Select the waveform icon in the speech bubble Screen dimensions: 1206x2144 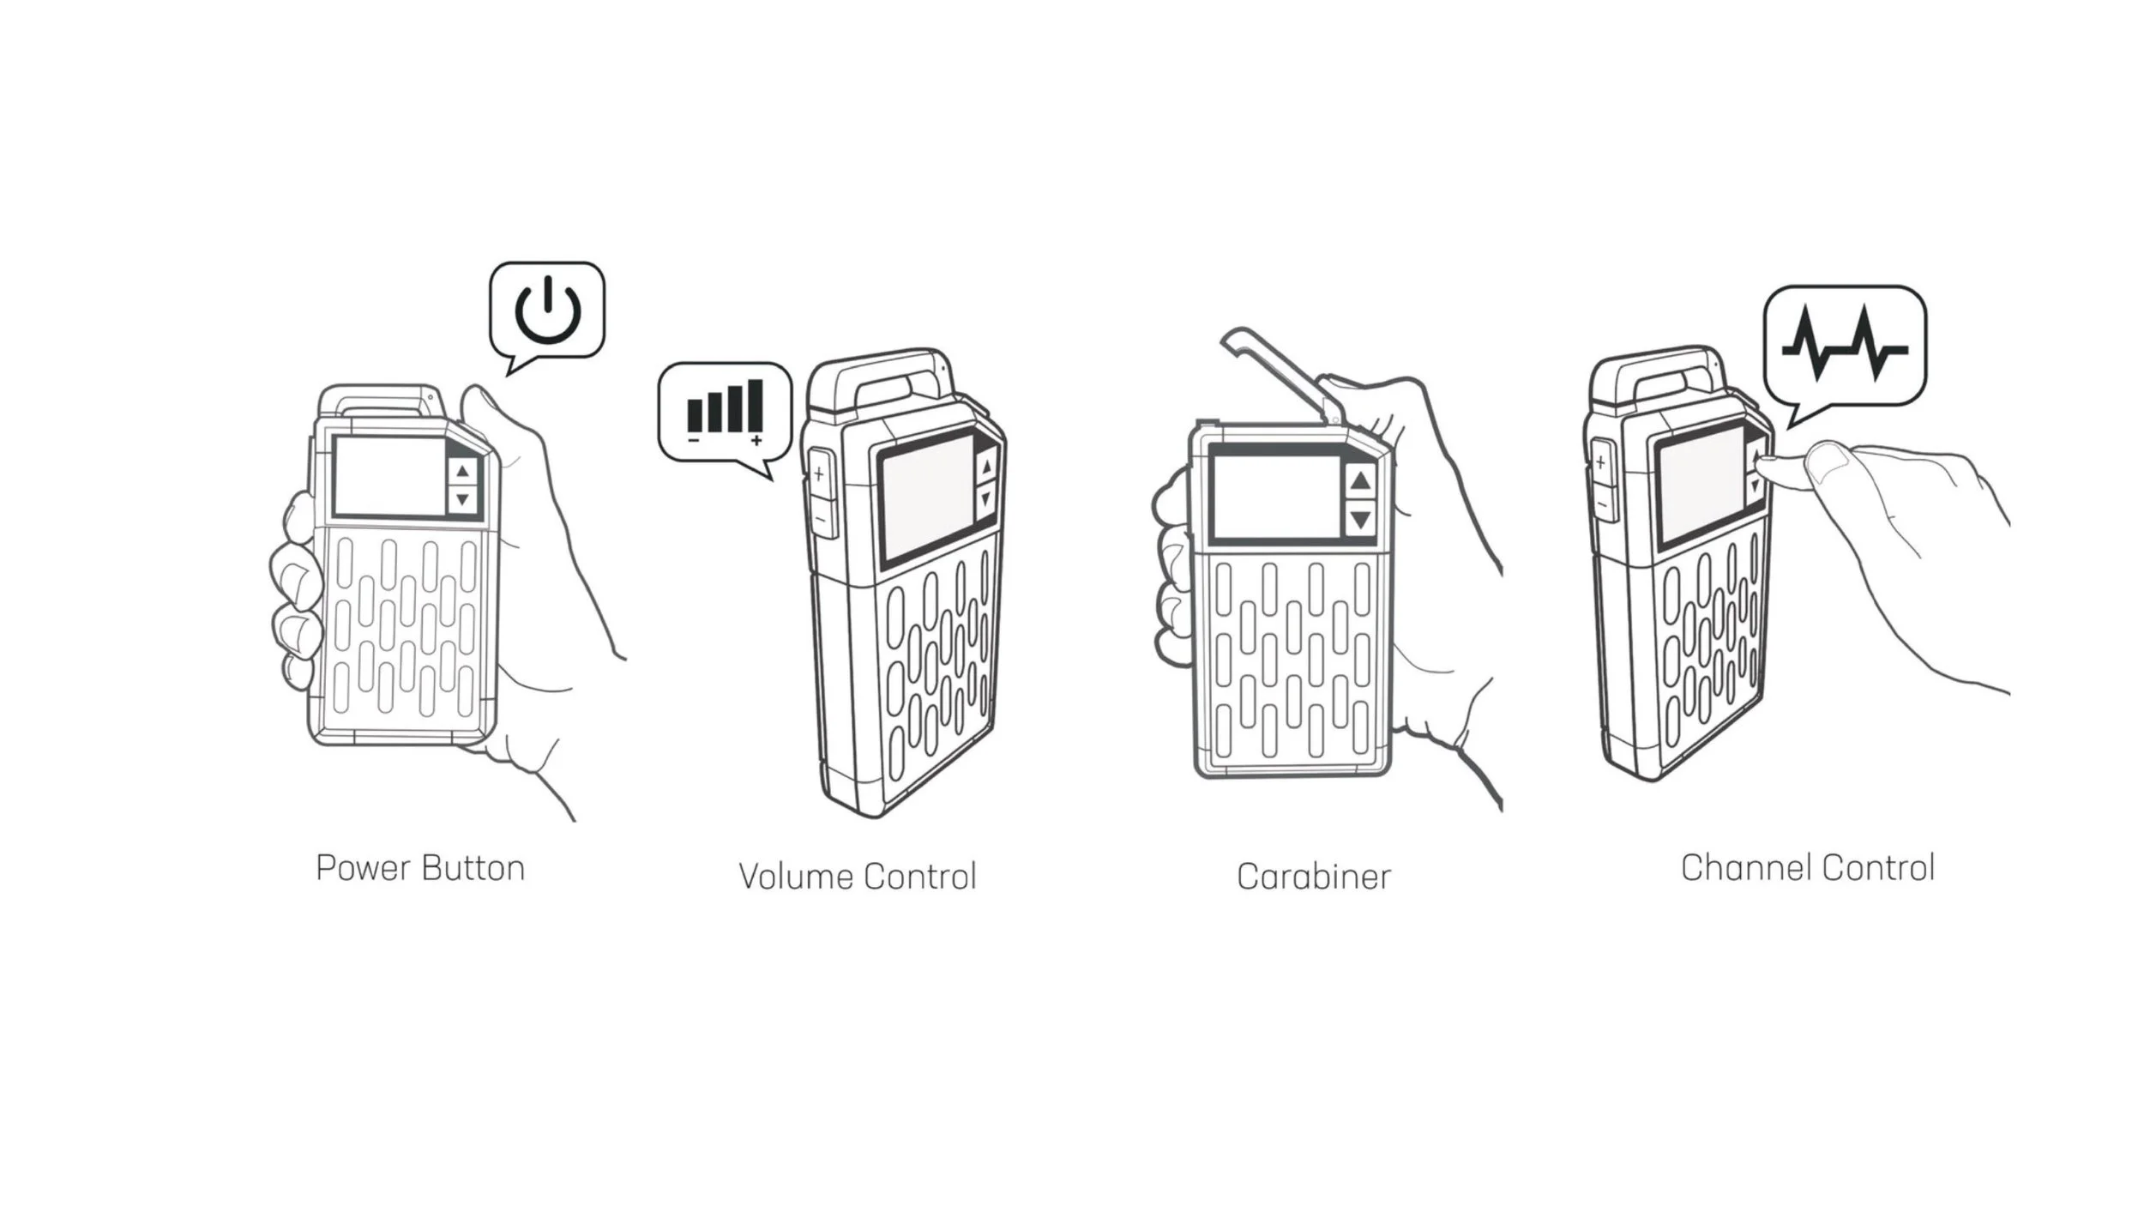(x=1844, y=343)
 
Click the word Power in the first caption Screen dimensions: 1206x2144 (x=363, y=869)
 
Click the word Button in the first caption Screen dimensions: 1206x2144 (x=473, y=868)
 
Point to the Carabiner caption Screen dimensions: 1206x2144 (x=1314, y=877)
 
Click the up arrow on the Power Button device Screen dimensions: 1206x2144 (x=463, y=471)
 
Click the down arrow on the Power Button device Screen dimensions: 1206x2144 (x=463, y=498)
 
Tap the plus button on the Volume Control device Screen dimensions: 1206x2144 (x=819, y=473)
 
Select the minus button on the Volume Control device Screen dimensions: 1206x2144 (x=820, y=518)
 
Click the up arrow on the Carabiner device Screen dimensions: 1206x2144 (x=1360, y=481)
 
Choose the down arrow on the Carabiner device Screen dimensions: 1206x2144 (x=1360, y=518)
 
